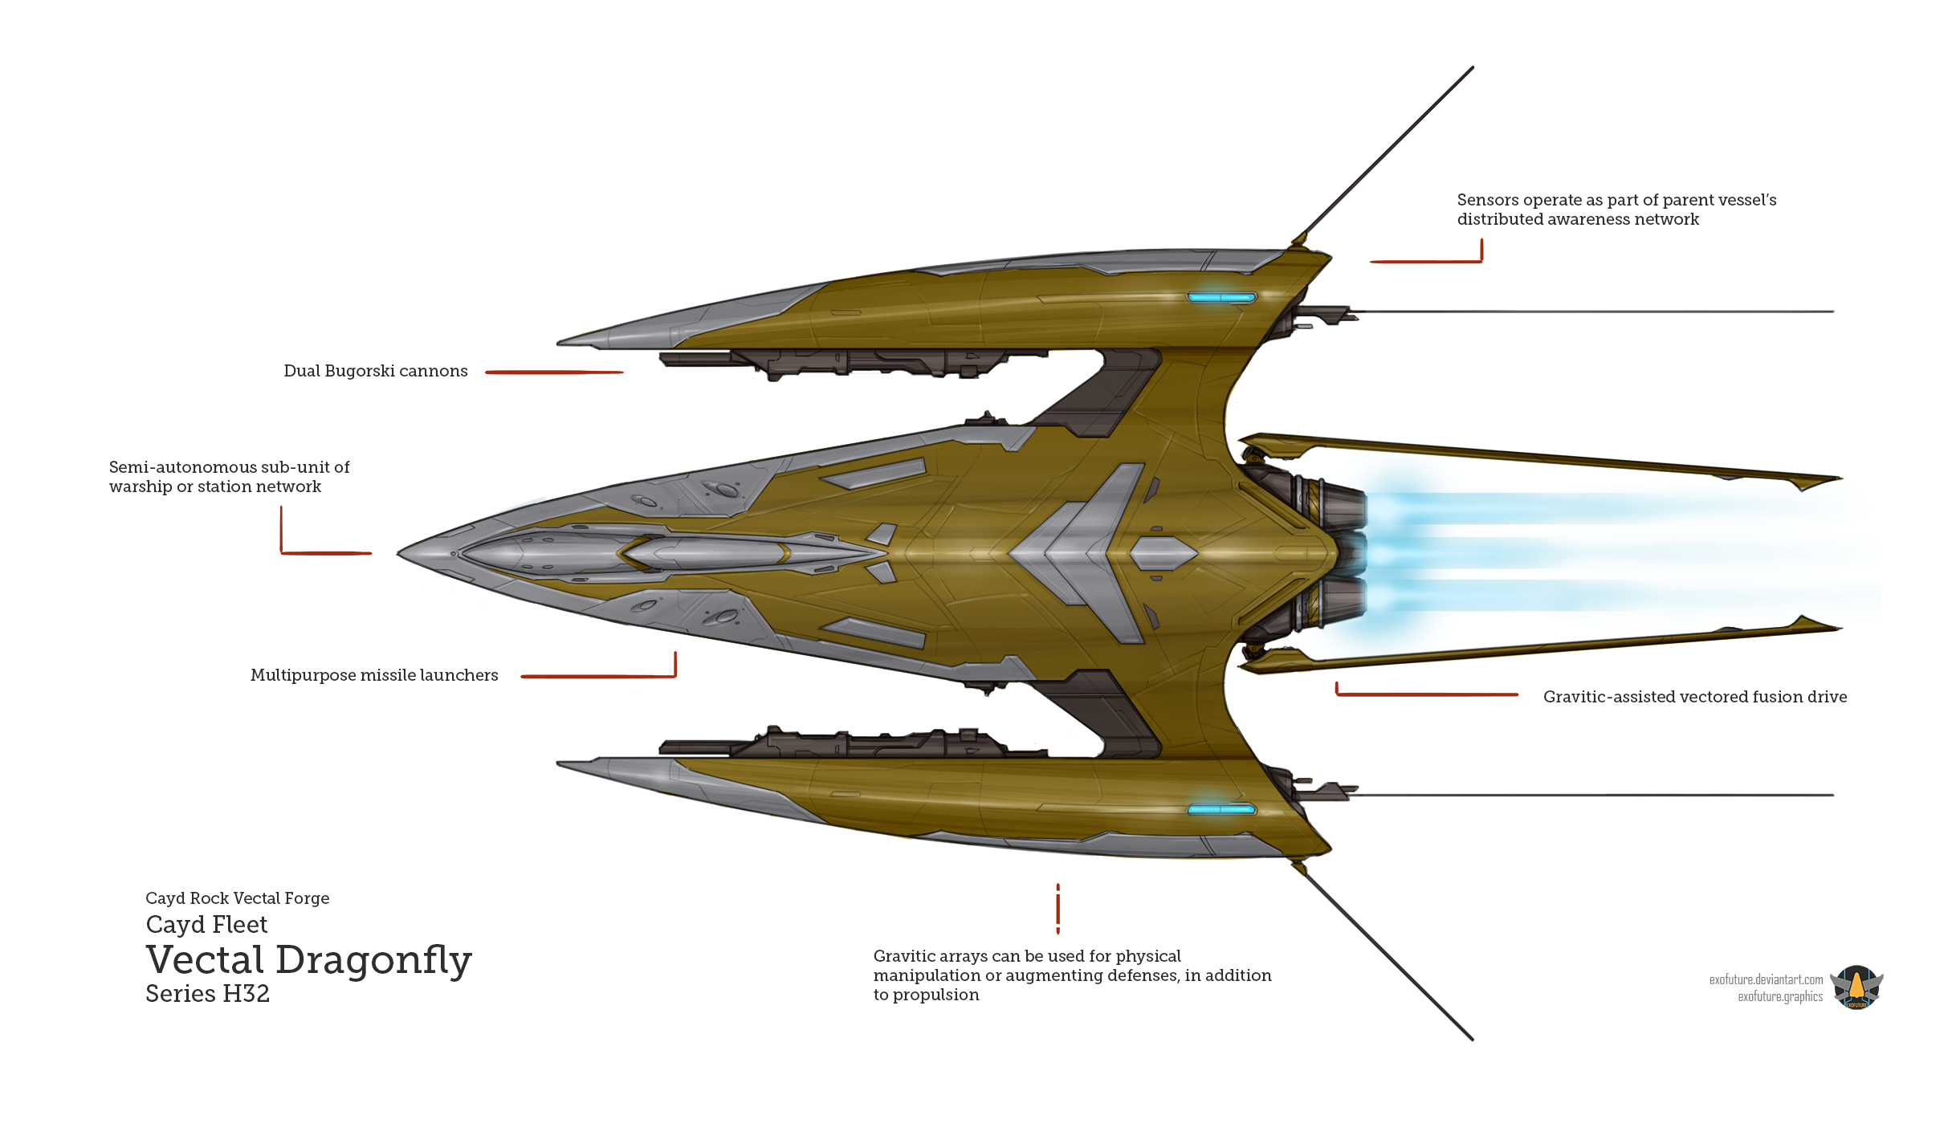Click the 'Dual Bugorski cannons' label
[376, 371]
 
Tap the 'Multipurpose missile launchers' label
[374, 675]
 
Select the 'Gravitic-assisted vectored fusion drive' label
[1695, 697]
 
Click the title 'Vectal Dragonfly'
[309, 960]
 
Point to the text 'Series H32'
[207, 994]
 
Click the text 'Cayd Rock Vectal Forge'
[238, 898]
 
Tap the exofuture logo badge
[1856, 987]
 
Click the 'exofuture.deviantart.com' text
[1766, 979]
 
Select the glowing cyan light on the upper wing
[1221, 297]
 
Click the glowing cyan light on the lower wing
[1221, 809]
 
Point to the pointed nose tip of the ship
[398, 552]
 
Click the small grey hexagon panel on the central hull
[1164, 553]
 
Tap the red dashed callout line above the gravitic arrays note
[1058, 909]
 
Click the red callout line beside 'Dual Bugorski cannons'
[554, 372]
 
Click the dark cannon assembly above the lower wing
[853, 743]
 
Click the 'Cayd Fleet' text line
[206, 925]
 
